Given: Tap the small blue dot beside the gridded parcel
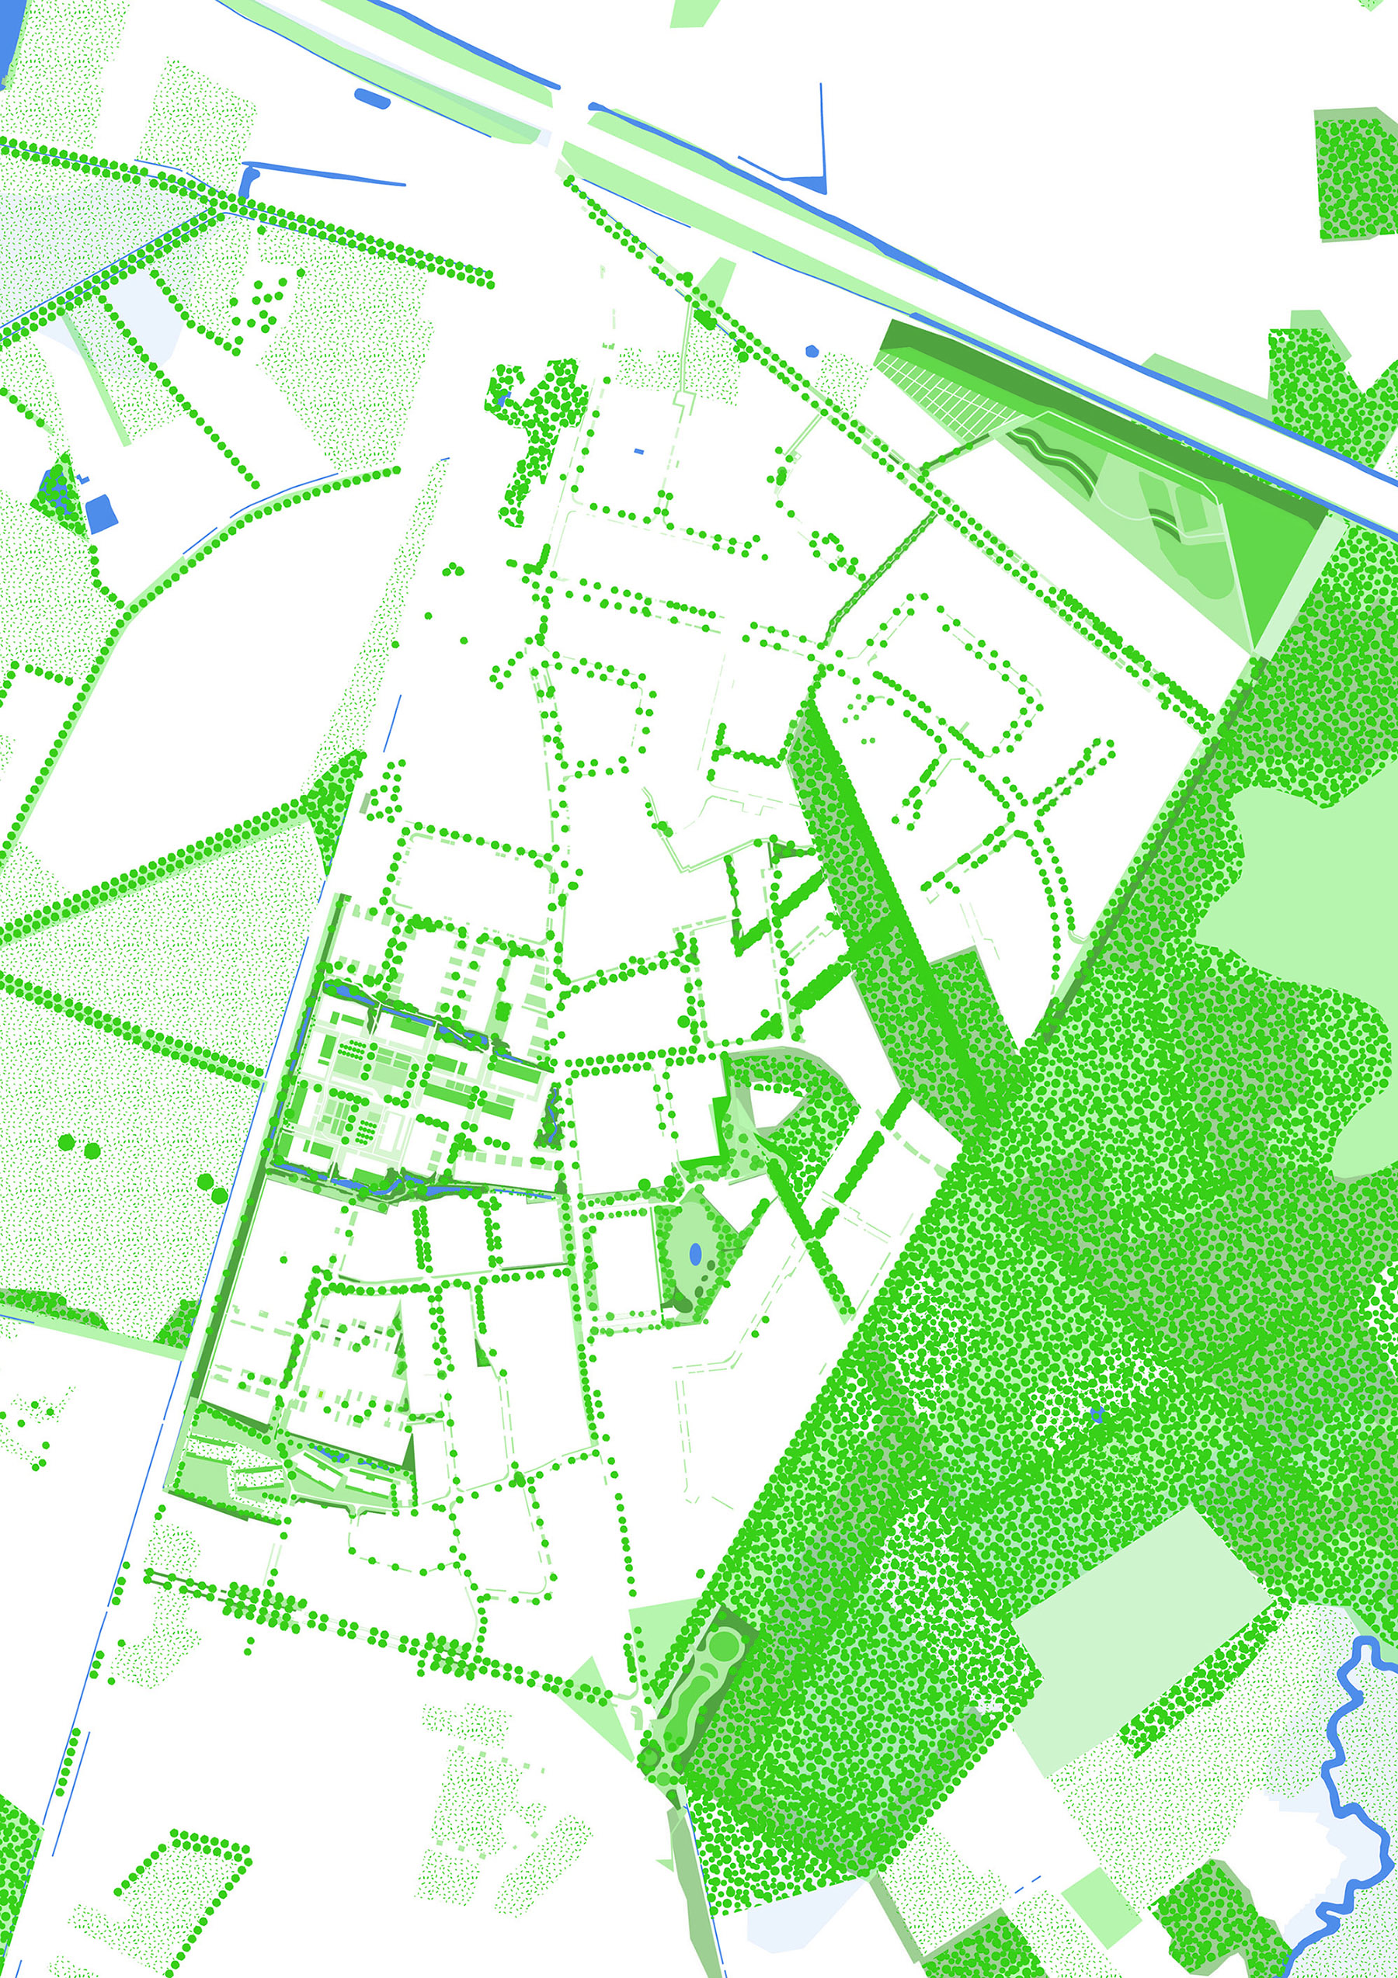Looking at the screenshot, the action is click(811, 351).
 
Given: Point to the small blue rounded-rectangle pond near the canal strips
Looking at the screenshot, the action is click(371, 97).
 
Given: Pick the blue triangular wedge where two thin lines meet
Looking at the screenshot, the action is click(810, 182).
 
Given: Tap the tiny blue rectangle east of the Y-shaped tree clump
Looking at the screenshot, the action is click(638, 450).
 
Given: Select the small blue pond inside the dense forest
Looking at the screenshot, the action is click(1097, 1413).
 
